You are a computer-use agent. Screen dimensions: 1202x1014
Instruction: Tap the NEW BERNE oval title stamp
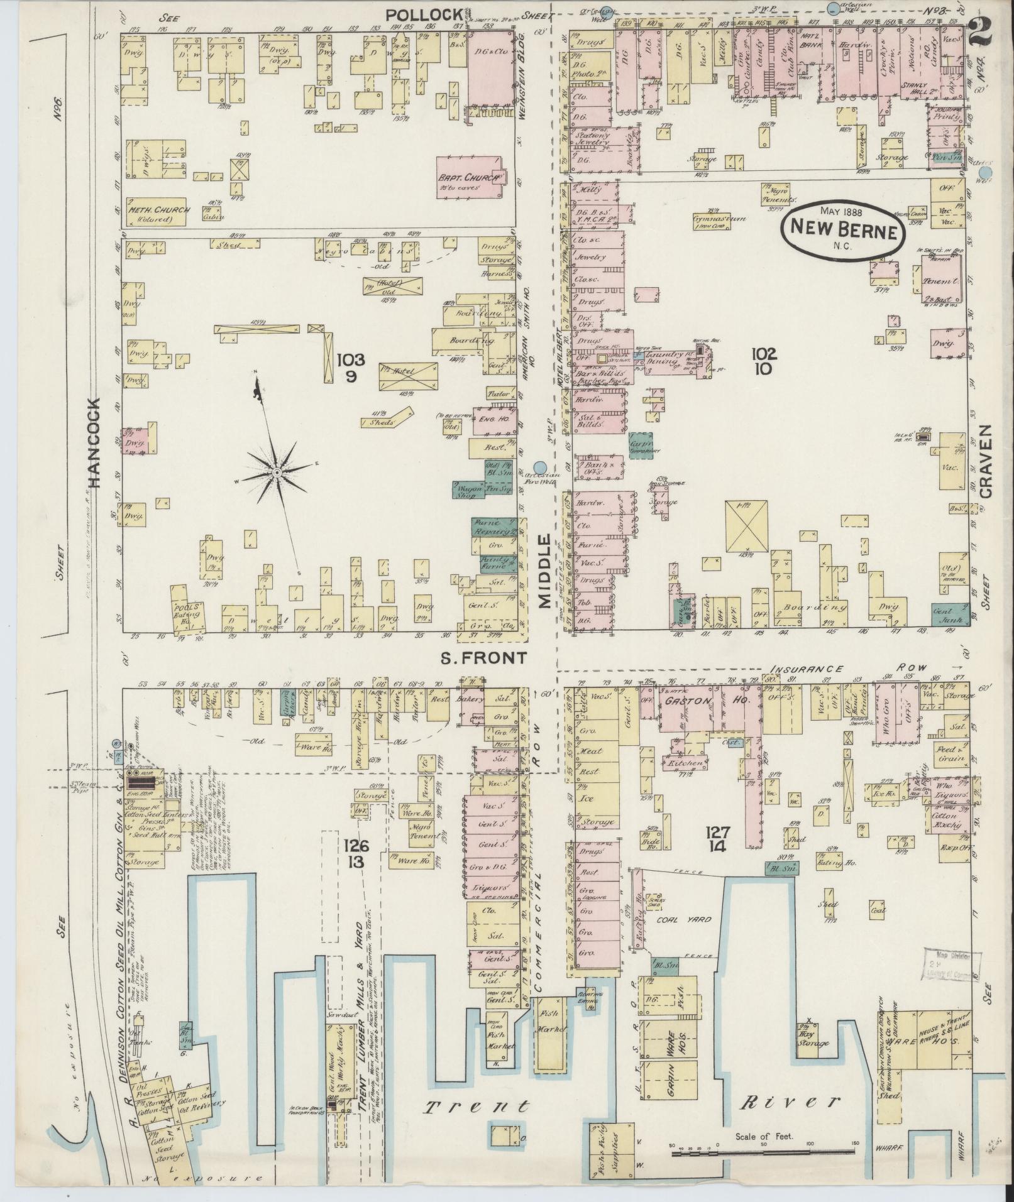click(843, 229)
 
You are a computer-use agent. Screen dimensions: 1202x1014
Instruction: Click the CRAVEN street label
click(985, 461)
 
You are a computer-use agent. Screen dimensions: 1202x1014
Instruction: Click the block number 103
click(350, 360)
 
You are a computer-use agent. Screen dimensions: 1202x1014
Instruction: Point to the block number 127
click(717, 833)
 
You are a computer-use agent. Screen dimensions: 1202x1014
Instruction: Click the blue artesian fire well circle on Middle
click(546, 466)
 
